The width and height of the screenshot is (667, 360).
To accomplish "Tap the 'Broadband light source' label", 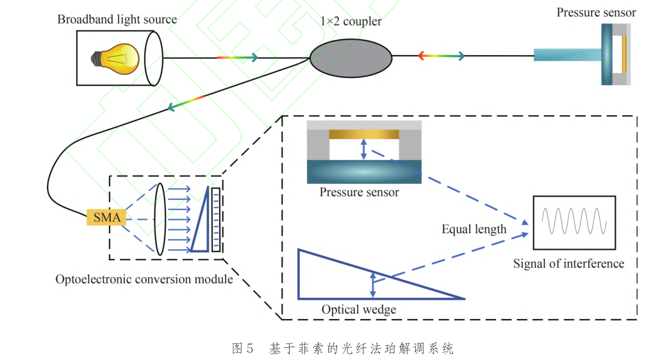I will (x=117, y=19).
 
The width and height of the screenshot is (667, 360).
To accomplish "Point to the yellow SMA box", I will (x=106, y=217).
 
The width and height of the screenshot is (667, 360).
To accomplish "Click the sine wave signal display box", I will (x=573, y=222).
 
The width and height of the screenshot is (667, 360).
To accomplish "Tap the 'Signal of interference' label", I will (x=568, y=263).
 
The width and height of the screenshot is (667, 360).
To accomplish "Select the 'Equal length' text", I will (x=473, y=229).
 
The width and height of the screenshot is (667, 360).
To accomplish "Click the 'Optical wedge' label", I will (x=359, y=309).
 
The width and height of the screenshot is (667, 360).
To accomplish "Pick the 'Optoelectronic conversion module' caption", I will (x=144, y=279).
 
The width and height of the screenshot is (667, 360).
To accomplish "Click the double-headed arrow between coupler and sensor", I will (x=441, y=56).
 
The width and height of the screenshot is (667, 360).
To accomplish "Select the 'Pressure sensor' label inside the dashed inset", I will (x=359, y=192).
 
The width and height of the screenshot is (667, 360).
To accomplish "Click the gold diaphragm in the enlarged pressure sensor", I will (x=363, y=135).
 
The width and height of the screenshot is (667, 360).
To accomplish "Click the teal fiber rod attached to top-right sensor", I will (x=566, y=56).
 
